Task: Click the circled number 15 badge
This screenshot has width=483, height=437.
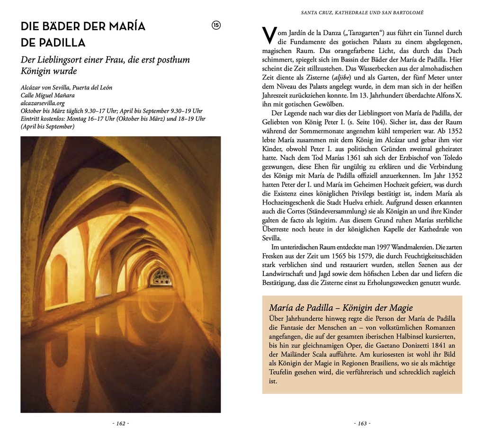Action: tap(216, 26)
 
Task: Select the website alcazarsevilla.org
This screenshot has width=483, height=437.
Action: tap(43, 103)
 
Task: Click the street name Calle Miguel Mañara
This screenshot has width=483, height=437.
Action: tap(47, 95)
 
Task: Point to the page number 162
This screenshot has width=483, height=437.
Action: tap(121, 423)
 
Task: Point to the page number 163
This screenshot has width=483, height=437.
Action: tap(362, 423)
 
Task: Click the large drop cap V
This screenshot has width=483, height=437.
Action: tap(269, 36)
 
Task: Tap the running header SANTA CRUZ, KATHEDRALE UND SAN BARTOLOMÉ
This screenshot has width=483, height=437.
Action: tap(362, 12)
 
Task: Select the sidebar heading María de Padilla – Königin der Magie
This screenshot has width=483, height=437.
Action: tap(341, 308)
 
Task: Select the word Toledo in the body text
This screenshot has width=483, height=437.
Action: tap(451, 158)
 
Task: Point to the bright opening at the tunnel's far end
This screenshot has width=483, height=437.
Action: tap(161, 277)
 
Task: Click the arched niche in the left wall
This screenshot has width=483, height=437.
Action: tap(59, 279)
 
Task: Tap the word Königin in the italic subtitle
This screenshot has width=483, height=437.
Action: tap(38, 71)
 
